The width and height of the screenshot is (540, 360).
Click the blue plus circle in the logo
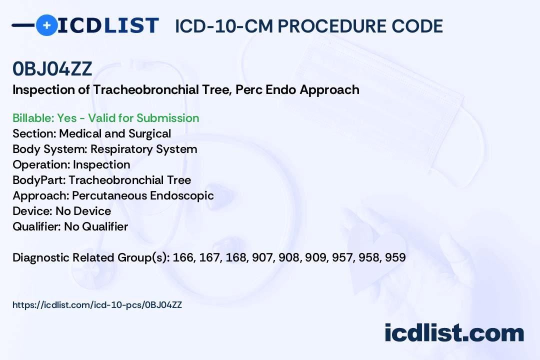pos(46,25)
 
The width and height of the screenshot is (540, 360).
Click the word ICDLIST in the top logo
pos(108,25)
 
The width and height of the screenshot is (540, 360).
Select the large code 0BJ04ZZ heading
pos(52,68)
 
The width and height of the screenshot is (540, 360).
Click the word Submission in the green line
pos(167,118)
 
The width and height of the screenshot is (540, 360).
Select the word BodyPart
pos(39,180)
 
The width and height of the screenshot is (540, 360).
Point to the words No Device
pos(83,211)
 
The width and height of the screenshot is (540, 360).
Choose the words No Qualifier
pos(96,226)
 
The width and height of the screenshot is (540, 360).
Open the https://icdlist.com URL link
pos(97,305)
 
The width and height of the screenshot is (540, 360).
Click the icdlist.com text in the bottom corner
pos(454,333)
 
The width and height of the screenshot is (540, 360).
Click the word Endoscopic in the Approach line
pos(182,195)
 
